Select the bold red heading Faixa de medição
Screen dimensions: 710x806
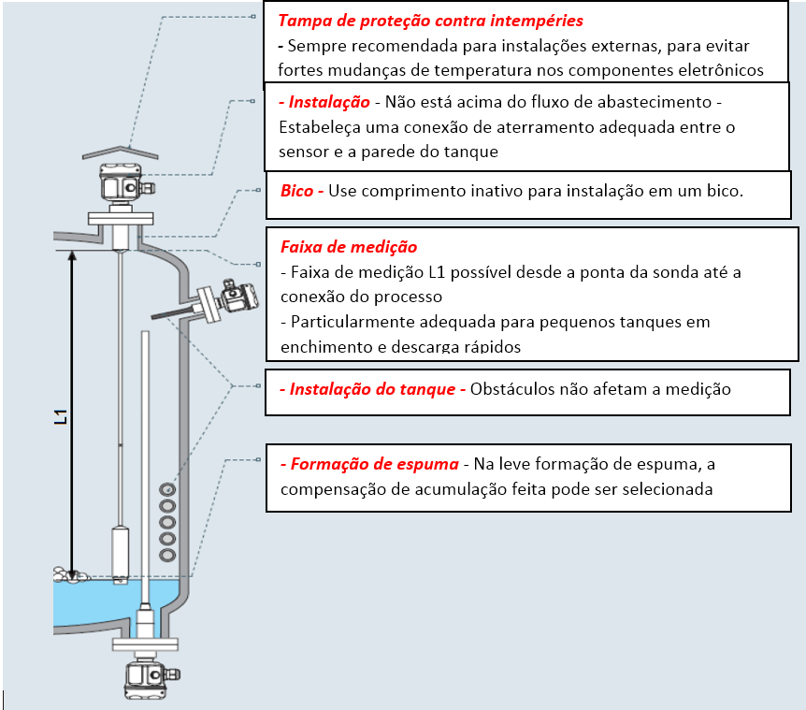tap(349, 247)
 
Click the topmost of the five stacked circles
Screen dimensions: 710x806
tap(167, 489)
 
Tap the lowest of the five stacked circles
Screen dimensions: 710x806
tap(167, 556)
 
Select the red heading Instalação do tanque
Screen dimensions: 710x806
tap(372, 388)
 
